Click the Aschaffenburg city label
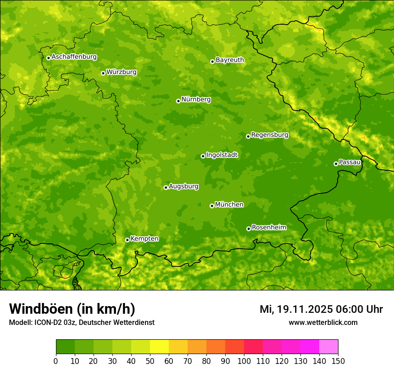(x=74, y=57)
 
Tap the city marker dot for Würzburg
(x=103, y=73)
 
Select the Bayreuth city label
(x=230, y=60)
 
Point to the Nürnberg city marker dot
(x=178, y=101)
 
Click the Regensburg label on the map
(x=270, y=134)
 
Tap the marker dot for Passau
(x=336, y=164)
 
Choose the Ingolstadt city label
(x=222, y=155)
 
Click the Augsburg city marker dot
(x=166, y=187)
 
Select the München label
(x=229, y=204)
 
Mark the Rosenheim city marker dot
(x=248, y=229)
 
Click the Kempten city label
(x=144, y=238)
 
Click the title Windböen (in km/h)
(x=72, y=309)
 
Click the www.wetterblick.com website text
(x=323, y=322)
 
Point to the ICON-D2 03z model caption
(x=81, y=322)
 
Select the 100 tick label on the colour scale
(x=244, y=361)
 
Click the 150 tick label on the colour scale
(x=338, y=361)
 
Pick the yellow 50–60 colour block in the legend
(x=159, y=347)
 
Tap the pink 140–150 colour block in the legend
(x=329, y=347)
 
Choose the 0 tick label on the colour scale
(x=56, y=361)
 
